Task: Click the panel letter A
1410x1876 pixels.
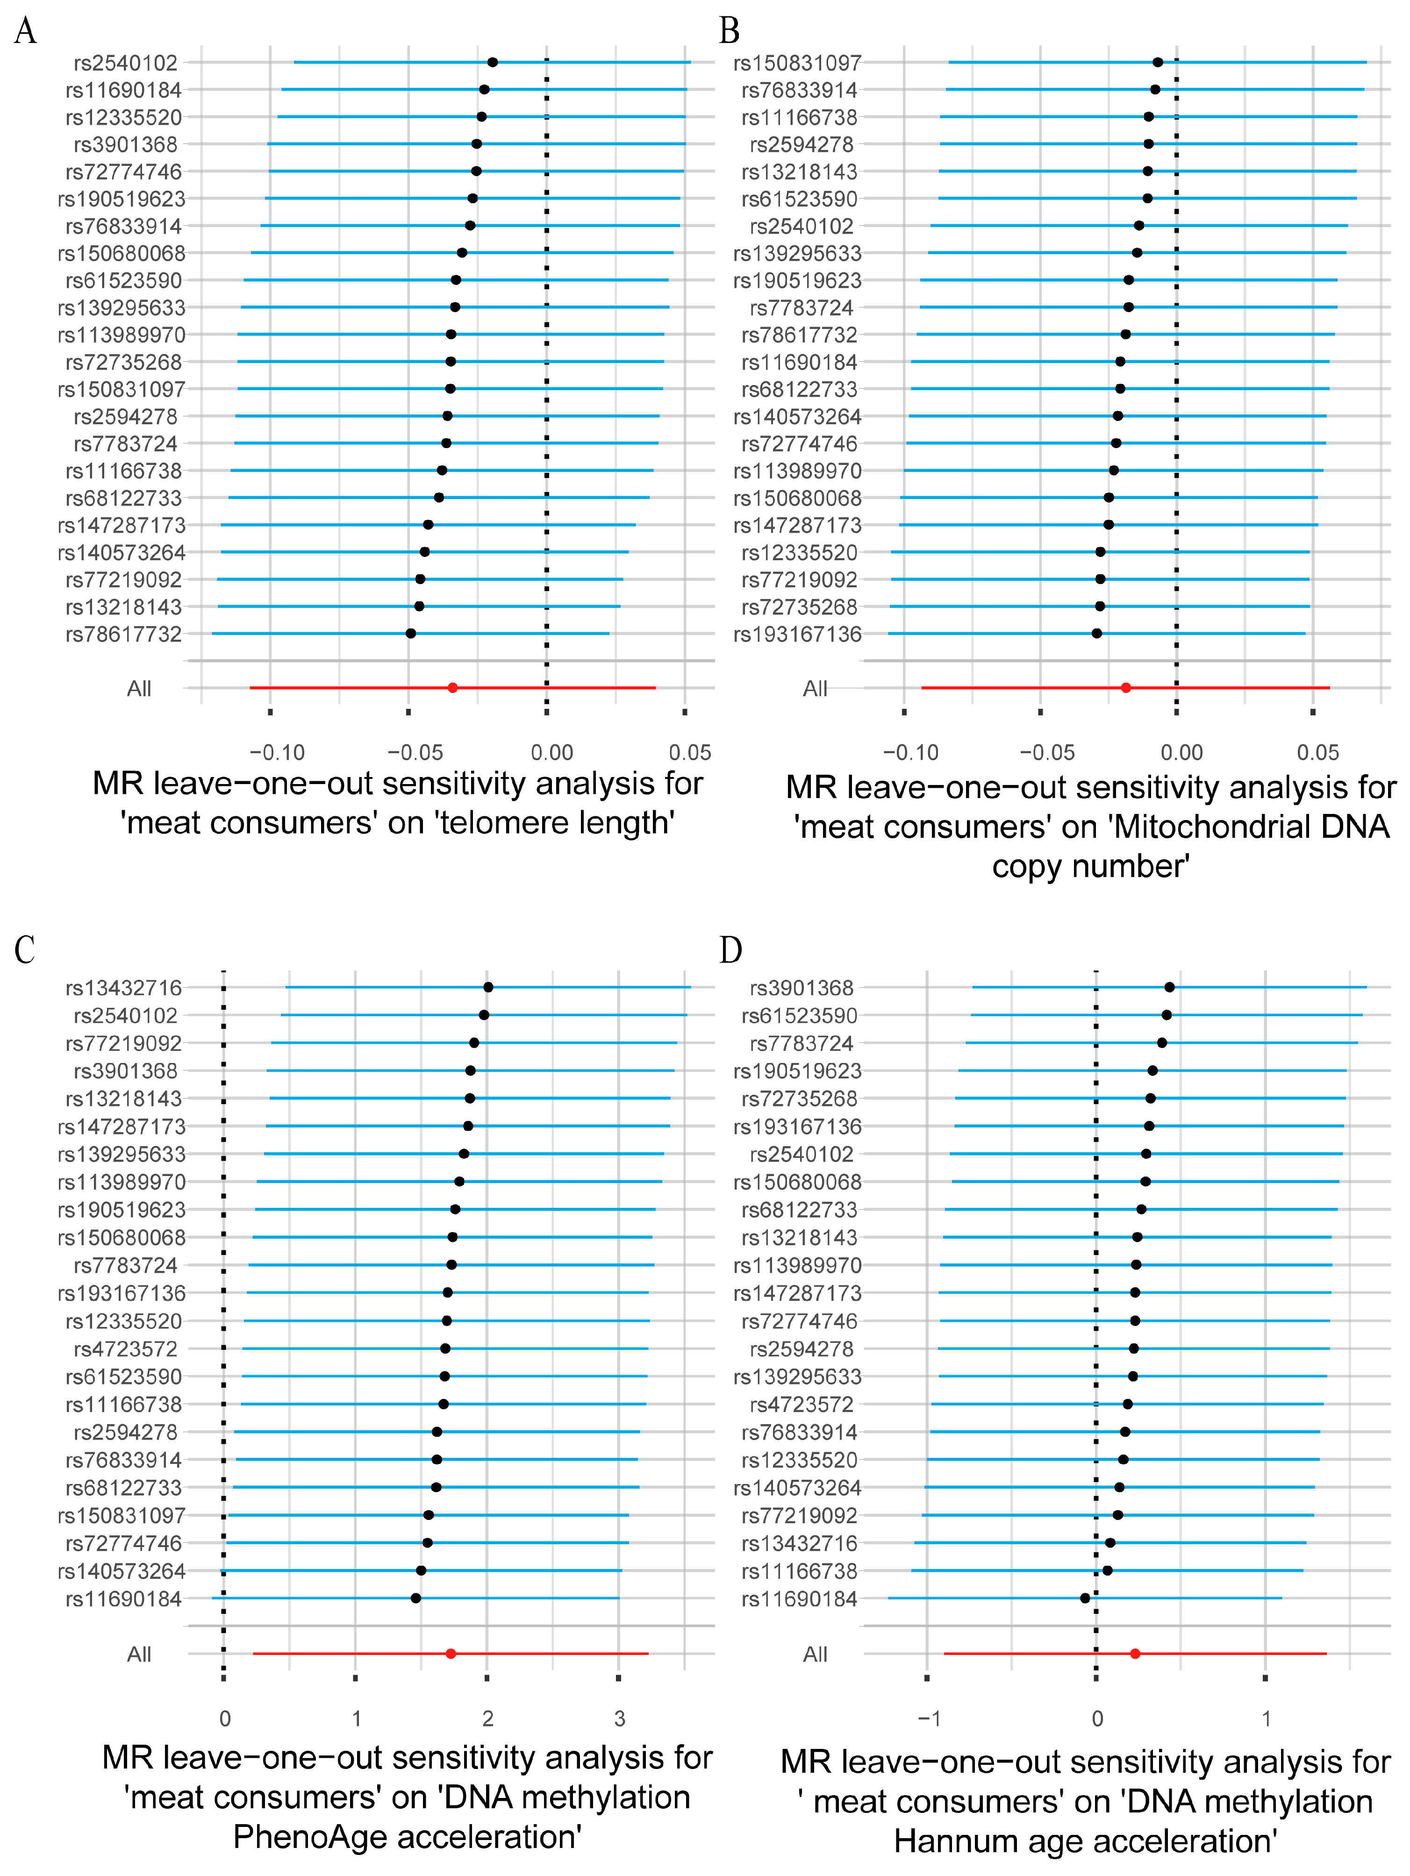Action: click(x=25, y=31)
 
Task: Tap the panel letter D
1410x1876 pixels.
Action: click(x=730, y=950)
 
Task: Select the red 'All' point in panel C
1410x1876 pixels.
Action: click(x=451, y=1654)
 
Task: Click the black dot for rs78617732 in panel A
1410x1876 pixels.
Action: click(x=411, y=634)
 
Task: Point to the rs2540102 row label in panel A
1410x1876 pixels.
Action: click(x=126, y=63)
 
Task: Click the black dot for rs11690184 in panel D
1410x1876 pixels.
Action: click(x=1085, y=1598)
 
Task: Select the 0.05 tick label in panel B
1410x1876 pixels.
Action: click(x=1317, y=752)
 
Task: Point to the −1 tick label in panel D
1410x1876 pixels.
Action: click(x=929, y=1718)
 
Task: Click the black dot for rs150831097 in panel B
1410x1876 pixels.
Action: click(x=1157, y=62)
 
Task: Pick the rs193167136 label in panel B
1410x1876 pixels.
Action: click(x=797, y=635)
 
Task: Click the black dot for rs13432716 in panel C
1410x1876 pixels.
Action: click(x=488, y=987)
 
